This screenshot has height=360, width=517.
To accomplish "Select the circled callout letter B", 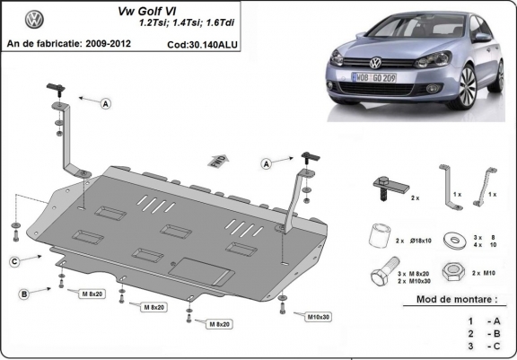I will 24,294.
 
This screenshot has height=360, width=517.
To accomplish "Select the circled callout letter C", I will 14,260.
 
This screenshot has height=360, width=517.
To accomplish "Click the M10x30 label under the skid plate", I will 314,316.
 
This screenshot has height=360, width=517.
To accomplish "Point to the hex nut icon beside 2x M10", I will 457,270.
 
